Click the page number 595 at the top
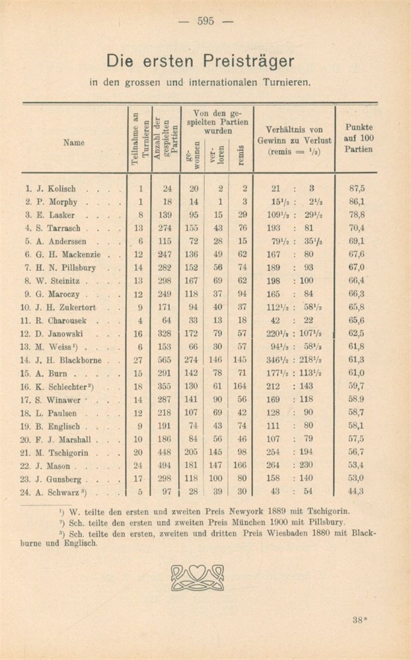(205, 20)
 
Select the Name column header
(69, 142)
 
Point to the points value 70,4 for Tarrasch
(358, 228)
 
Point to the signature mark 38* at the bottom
(361, 620)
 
